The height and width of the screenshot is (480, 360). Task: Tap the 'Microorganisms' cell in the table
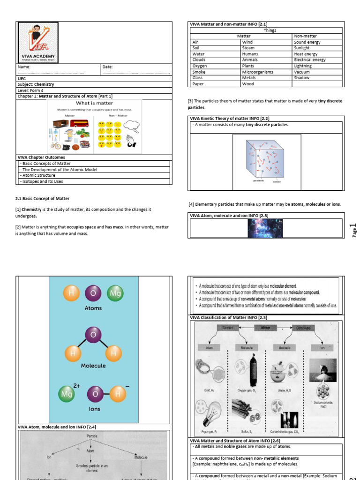258,72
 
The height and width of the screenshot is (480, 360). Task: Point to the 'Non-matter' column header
305,36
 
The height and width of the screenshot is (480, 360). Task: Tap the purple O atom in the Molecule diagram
93,335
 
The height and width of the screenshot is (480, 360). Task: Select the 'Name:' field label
24,67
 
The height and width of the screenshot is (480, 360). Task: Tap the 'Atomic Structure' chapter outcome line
37,175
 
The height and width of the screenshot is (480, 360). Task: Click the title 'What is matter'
94,103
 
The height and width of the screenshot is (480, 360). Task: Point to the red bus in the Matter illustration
79,123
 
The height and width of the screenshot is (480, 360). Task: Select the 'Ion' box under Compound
323,348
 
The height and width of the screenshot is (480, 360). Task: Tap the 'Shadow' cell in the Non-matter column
301,78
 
